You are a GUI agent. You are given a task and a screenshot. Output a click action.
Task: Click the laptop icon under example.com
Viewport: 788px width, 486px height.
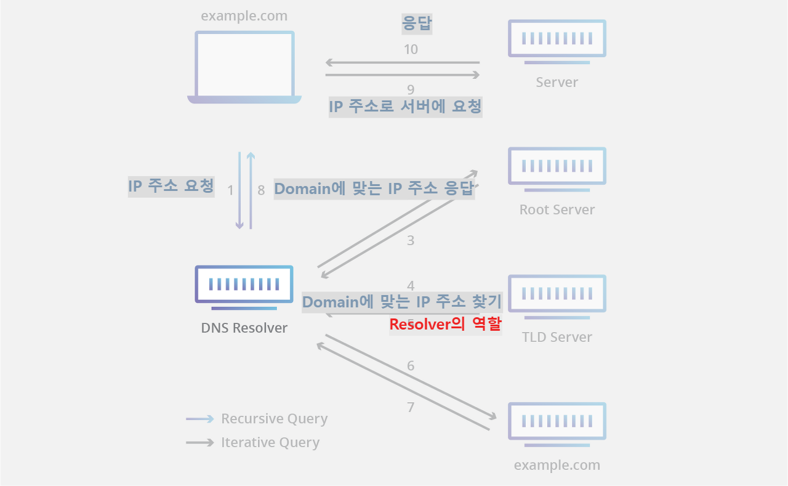point(244,67)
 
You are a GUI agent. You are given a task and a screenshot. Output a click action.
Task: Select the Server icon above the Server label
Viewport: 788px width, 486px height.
point(557,39)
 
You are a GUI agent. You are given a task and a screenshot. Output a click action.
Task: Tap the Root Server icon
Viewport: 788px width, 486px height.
point(557,166)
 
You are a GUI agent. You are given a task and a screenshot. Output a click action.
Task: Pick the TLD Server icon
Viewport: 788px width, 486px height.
point(557,294)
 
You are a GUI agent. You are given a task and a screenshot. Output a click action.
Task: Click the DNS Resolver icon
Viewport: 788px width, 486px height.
point(244,285)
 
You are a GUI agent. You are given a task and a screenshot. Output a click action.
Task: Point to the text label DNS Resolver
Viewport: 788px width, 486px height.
point(244,328)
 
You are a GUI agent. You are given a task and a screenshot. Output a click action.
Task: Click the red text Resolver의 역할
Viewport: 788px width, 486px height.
point(445,324)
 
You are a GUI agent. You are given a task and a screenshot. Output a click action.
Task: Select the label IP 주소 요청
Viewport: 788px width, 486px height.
point(171,185)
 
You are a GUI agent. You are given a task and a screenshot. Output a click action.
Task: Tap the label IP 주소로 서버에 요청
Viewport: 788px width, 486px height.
point(405,107)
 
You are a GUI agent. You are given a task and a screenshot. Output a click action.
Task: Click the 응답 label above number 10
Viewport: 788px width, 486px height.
point(417,24)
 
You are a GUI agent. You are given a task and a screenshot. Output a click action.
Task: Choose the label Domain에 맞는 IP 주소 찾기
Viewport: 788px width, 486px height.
point(402,302)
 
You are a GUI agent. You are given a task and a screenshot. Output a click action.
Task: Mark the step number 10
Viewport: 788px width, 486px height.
point(411,50)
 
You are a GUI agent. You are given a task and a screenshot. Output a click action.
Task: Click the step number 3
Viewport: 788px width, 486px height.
point(411,241)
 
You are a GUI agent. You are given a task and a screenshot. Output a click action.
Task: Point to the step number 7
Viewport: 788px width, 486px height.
point(411,407)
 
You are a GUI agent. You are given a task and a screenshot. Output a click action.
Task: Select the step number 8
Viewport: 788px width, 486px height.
point(261,190)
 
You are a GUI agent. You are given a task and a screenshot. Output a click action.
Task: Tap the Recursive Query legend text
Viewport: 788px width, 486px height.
point(274,419)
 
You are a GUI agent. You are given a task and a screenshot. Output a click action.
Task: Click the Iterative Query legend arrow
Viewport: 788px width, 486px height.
point(200,442)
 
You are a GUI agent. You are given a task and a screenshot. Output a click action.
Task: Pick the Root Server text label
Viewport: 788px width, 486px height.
point(557,209)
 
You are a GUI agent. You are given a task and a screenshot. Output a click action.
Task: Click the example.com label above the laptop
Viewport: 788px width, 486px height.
point(244,16)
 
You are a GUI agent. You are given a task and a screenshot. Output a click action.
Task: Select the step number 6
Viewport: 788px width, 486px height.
point(411,366)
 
